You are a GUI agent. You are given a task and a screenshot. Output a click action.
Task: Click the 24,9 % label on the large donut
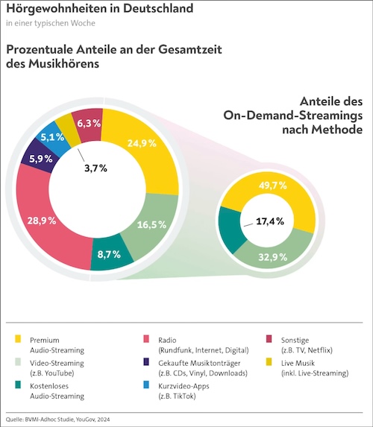(x=142, y=143)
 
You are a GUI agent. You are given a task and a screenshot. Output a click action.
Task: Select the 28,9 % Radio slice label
(x=42, y=221)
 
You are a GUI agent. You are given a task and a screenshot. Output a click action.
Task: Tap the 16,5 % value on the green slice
(x=151, y=224)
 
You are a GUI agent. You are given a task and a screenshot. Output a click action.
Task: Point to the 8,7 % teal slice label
(x=109, y=254)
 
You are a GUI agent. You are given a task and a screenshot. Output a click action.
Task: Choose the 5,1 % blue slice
(x=54, y=139)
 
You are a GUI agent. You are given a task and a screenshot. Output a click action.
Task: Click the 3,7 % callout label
(x=95, y=168)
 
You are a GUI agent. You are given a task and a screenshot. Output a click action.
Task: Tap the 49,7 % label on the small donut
(x=272, y=186)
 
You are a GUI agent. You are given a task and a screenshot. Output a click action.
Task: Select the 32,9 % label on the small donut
(x=272, y=257)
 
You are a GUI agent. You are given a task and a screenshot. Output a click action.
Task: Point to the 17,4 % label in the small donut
(x=270, y=221)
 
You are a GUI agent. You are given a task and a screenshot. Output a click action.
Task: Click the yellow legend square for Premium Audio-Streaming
(x=18, y=339)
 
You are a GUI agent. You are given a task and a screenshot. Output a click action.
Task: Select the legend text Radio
(x=167, y=340)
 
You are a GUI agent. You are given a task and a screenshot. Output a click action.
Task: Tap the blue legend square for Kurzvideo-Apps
(x=146, y=385)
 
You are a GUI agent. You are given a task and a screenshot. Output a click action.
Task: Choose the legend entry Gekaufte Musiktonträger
(x=199, y=363)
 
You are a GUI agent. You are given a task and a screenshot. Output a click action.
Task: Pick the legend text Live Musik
(x=298, y=363)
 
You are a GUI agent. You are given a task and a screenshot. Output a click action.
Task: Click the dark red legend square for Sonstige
(x=269, y=339)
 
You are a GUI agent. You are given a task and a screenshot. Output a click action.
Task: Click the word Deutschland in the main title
(x=158, y=8)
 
